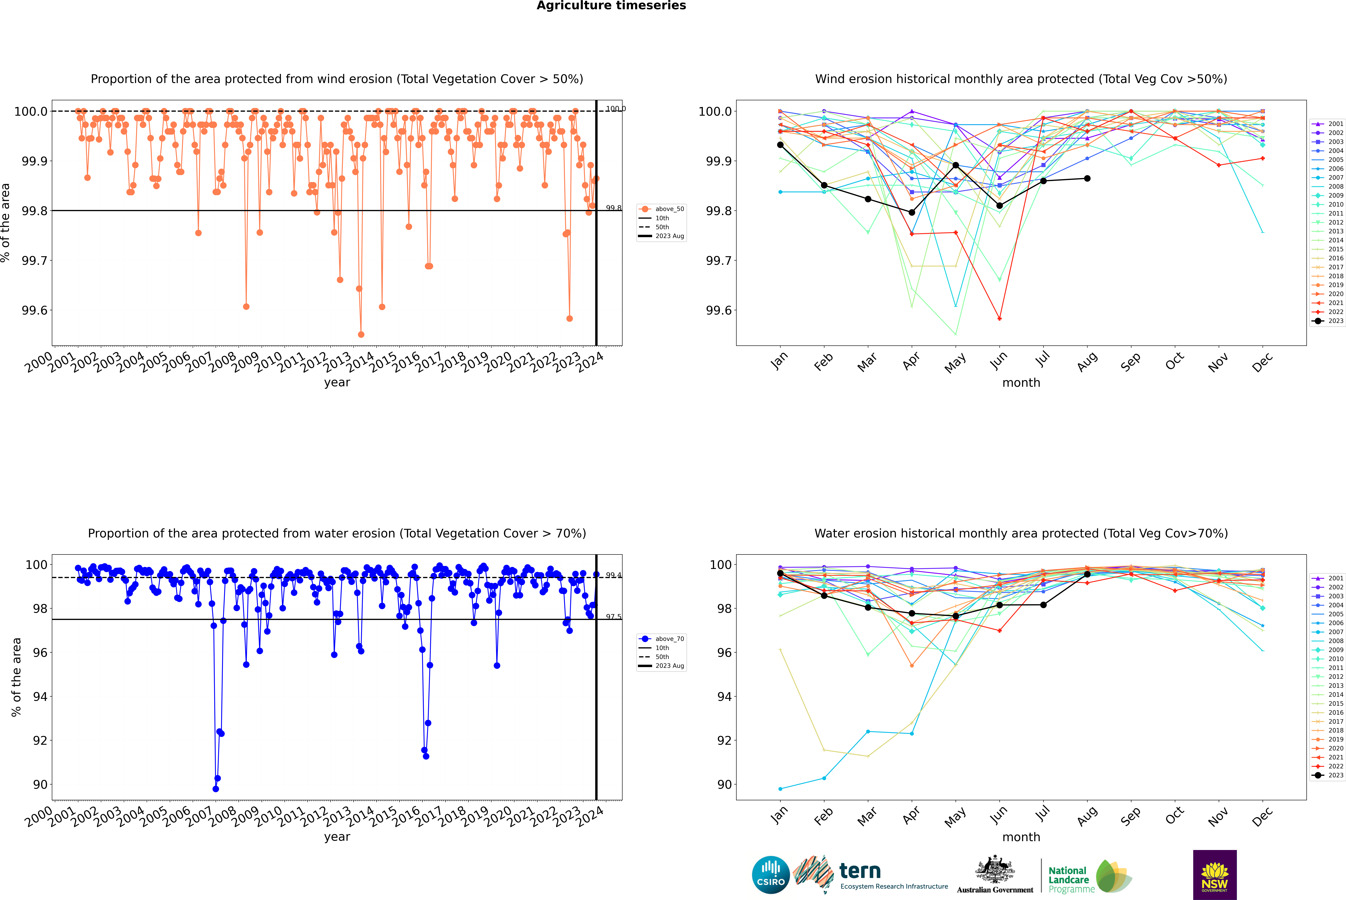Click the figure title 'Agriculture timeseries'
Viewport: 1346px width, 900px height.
click(611, 6)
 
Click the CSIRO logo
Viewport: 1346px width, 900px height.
click(771, 875)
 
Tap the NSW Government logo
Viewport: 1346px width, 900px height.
click(1215, 875)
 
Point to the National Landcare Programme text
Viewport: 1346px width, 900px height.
click(1068, 879)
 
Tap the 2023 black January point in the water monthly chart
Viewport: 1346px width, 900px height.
click(780, 573)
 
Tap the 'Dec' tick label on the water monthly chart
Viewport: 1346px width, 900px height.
click(1262, 816)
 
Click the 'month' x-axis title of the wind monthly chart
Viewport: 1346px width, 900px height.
click(1021, 383)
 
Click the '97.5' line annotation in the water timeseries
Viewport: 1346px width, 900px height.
click(613, 617)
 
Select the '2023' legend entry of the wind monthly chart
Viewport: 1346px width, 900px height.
click(1335, 321)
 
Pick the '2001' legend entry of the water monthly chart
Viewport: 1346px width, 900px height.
click(1335, 578)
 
